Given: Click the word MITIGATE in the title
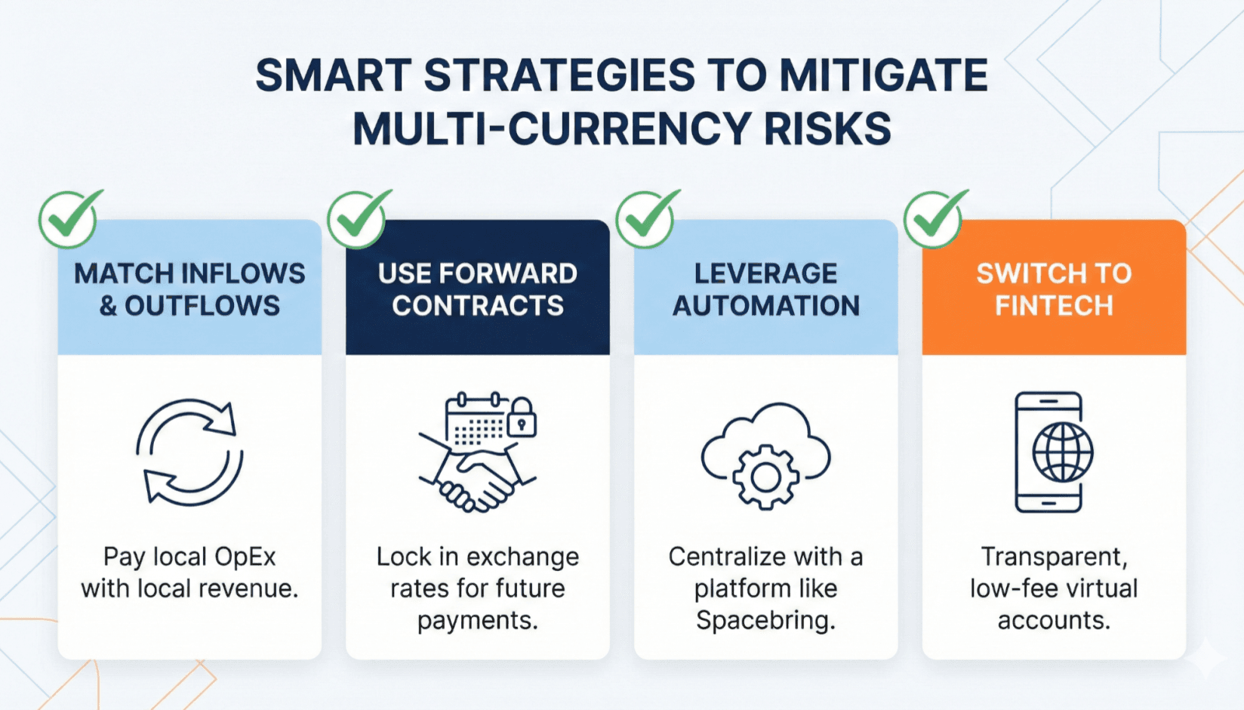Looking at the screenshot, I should [883, 76].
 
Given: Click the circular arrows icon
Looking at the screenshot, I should [189, 452].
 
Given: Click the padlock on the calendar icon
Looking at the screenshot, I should [522, 418].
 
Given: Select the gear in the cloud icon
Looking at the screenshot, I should [765, 476].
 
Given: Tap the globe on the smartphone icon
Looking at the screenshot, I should [1063, 452].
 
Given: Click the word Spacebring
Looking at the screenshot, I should [765, 620].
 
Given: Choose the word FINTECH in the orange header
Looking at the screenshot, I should [1054, 306].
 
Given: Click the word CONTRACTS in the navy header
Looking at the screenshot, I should [478, 306].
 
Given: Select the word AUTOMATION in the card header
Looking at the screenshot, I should [766, 306].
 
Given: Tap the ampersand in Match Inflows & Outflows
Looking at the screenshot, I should [108, 306].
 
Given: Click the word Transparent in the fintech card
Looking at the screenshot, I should [1054, 557].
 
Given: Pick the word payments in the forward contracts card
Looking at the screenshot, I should [477, 620].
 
